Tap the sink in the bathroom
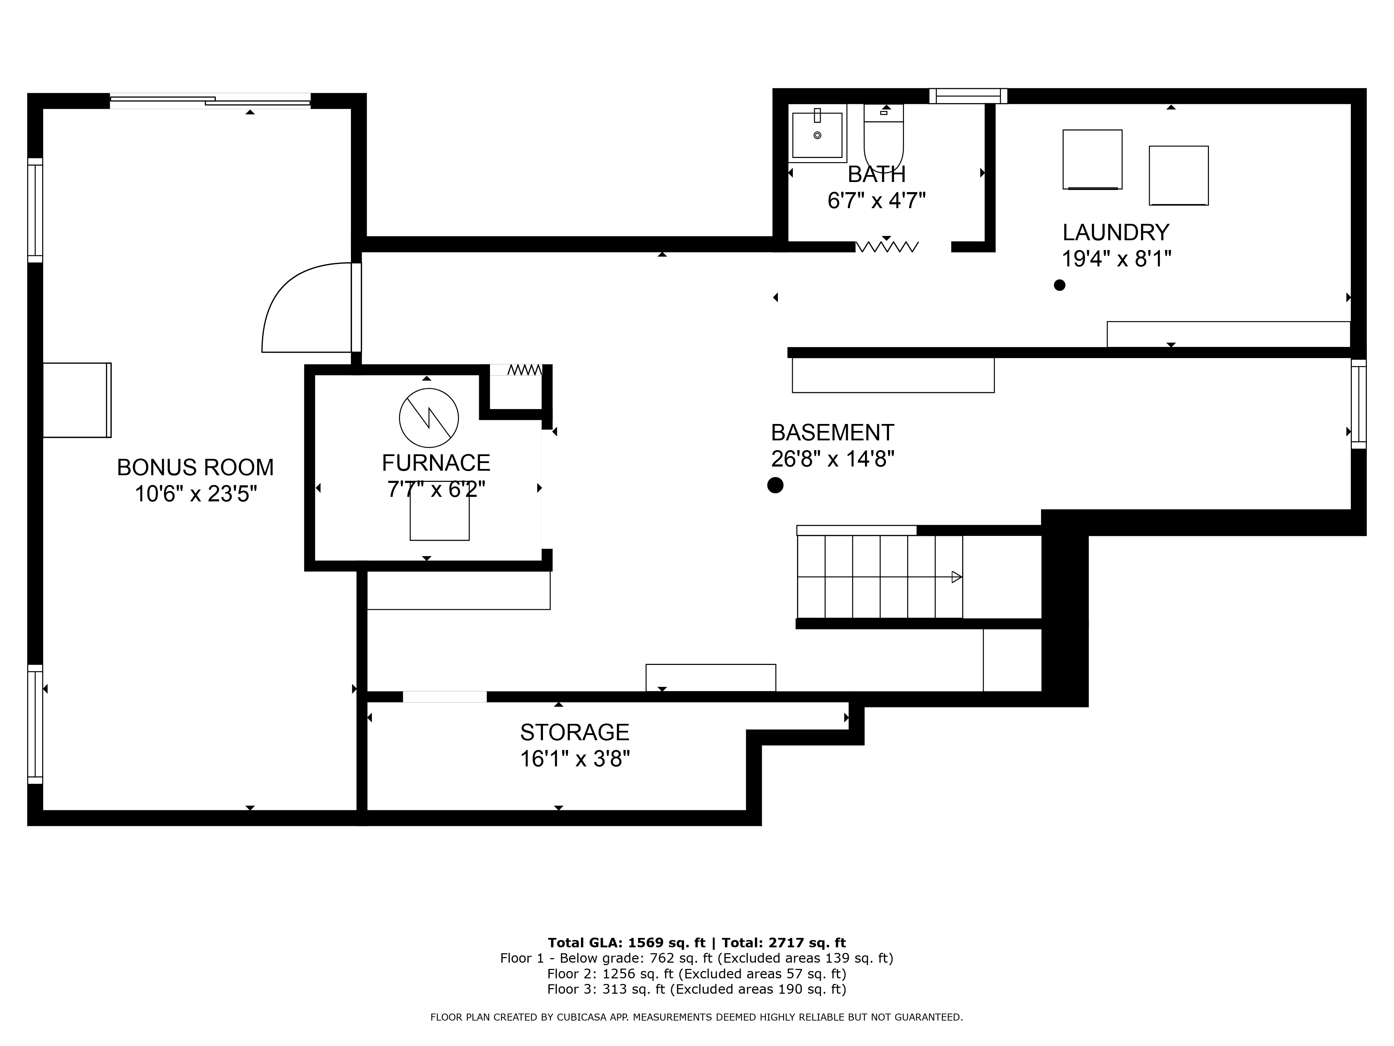817,134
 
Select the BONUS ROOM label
196,467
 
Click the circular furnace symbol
429,417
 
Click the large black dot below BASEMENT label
775,485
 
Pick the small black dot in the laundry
1059,285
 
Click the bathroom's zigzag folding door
887,247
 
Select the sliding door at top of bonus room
210,101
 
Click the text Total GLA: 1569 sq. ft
626,942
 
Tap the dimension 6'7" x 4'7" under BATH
876,200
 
